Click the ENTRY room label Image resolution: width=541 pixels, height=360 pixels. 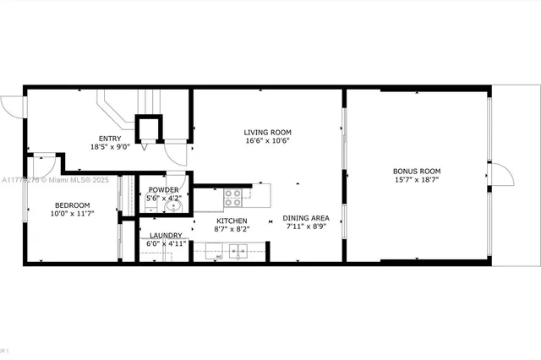pos(110,139)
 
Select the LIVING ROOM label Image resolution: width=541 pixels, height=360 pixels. pos(267,132)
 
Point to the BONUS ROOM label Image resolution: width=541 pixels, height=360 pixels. pos(417,172)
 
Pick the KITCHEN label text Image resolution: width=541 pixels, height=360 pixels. pos(208,220)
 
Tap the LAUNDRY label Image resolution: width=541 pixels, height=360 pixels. pos(167,235)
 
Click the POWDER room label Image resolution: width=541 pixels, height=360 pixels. pos(163,189)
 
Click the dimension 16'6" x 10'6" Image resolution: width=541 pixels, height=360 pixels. pos(267,141)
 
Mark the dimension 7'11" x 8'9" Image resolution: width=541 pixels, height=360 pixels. pos(305,226)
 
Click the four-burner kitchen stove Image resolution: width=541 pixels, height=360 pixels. pos(233,198)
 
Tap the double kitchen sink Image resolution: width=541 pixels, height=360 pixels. pos(229,250)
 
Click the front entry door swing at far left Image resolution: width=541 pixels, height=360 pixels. pos(14,106)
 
